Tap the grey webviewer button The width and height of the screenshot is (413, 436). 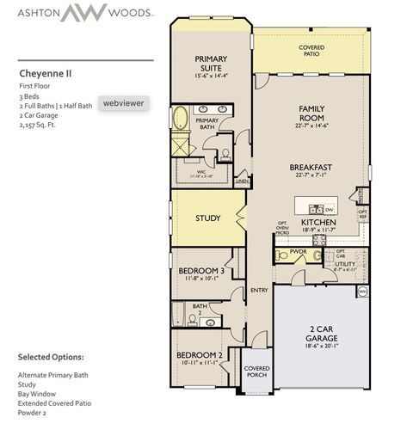tap(123, 102)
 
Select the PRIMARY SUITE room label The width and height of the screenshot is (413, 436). tap(210, 64)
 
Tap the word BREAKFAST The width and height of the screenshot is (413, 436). tap(311, 167)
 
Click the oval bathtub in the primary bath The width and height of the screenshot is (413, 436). tap(182, 119)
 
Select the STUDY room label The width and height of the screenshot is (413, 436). tap(208, 218)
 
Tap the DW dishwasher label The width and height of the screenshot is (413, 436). tap(329, 208)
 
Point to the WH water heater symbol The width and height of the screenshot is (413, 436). tap(362, 292)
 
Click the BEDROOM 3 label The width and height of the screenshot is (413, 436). tap(201, 271)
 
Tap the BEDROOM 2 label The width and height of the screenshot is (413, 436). tap(200, 354)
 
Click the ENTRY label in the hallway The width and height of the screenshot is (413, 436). tap(259, 290)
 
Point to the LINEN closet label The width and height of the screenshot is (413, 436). tap(242, 182)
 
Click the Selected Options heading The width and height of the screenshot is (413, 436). tap(51, 356)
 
